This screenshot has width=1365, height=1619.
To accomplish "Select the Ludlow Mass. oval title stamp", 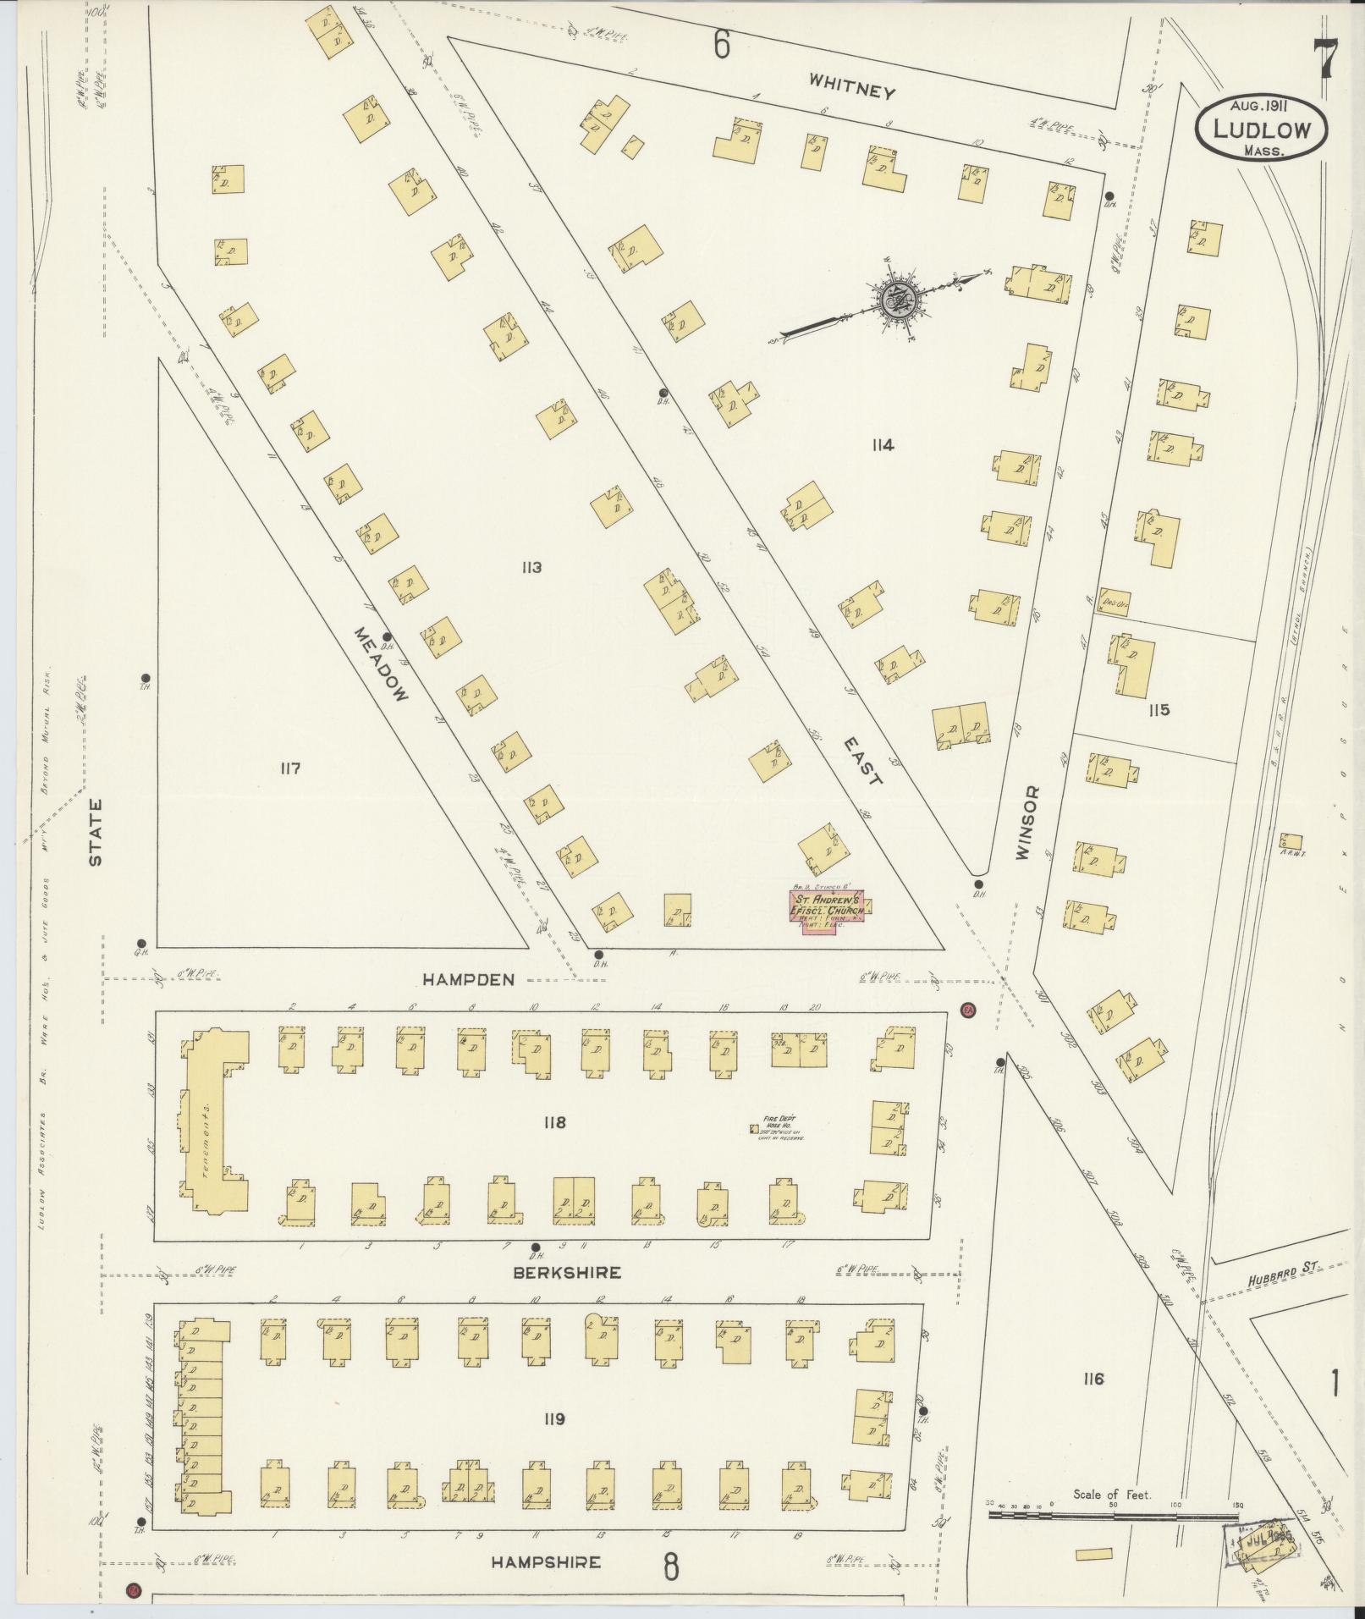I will click(x=1261, y=125).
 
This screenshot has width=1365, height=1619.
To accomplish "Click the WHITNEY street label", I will click(x=850, y=85).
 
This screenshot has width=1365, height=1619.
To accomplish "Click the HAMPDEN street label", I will click(x=468, y=979).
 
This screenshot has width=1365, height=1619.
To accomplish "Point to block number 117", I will click(x=290, y=768).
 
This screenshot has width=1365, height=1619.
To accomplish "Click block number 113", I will click(x=531, y=567).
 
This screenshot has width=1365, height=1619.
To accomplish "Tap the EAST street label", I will click(x=862, y=759).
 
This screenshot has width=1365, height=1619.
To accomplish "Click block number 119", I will click(x=554, y=1418).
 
